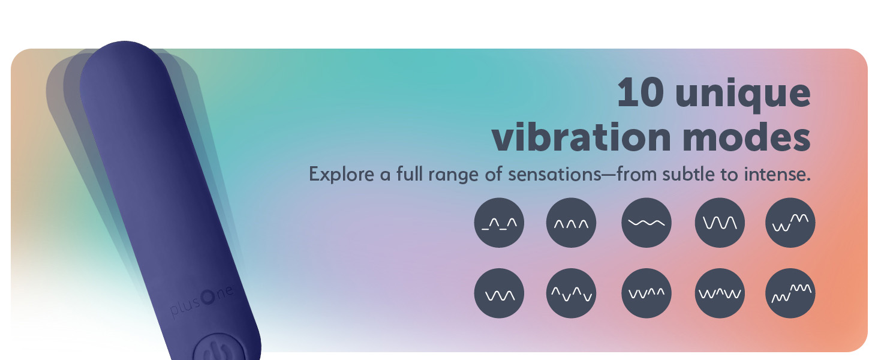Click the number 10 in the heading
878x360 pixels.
click(641, 92)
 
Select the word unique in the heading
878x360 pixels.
click(743, 95)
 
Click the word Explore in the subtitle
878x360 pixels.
click(341, 174)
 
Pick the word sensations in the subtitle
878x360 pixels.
click(555, 174)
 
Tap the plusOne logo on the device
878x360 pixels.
click(202, 301)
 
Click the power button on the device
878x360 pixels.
click(220, 349)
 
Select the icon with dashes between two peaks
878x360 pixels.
click(499, 223)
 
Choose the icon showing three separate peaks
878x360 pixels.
click(571, 223)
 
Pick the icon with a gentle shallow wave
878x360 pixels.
click(647, 223)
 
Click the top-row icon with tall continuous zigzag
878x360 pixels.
click(720, 223)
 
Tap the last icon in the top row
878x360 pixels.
click(790, 223)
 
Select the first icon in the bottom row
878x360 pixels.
click(499, 293)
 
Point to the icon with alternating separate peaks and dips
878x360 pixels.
click(571, 293)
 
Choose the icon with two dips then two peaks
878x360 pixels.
click(647, 293)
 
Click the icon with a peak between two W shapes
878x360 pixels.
click(720, 293)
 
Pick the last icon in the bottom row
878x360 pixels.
click(790, 293)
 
